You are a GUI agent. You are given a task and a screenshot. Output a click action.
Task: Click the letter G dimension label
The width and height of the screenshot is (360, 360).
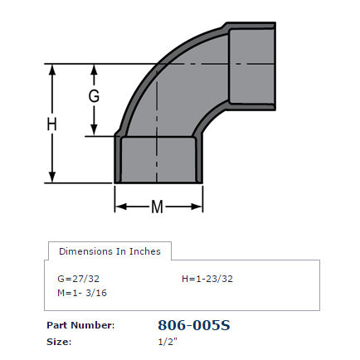click(x=95, y=96)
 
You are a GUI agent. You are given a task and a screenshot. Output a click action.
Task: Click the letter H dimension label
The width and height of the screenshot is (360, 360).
click(x=51, y=124)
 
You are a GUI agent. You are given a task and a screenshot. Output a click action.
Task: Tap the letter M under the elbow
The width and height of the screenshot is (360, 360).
click(x=157, y=207)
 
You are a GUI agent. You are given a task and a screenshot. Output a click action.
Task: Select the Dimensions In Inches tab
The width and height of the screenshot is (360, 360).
click(x=109, y=251)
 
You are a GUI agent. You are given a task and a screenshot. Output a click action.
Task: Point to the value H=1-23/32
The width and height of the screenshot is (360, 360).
click(x=207, y=279)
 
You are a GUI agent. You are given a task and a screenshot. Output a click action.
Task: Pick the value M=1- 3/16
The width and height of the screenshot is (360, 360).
click(x=81, y=293)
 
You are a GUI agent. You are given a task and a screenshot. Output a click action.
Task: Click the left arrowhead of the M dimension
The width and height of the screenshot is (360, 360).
click(x=119, y=207)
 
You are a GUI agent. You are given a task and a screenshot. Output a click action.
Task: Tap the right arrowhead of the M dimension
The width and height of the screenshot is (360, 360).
click(x=198, y=207)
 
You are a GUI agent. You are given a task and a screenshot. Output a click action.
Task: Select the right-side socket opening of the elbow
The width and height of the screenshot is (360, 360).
click(x=252, y=62)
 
